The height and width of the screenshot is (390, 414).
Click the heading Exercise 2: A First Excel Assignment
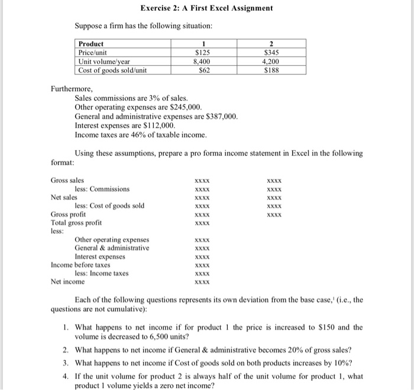206,8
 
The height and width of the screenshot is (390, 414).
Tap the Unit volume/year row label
105,61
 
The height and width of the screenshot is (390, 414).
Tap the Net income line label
67,282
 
